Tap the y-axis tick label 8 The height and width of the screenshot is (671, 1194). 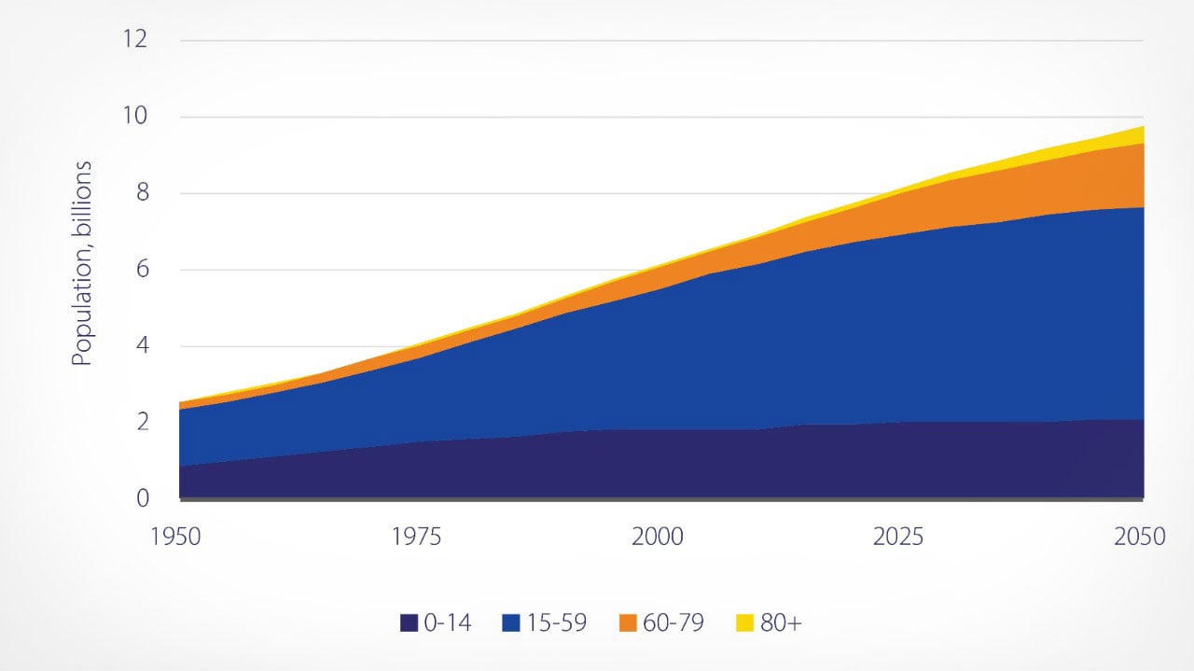(142, 194)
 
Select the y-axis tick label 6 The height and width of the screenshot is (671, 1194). (142, 271)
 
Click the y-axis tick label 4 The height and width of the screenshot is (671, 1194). (142, 347)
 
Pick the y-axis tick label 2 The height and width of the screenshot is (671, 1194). (142, 423)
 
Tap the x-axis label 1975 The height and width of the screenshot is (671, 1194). (417, 538)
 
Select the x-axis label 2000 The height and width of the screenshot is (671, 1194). (658, 538)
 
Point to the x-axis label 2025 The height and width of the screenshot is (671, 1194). (898, 538)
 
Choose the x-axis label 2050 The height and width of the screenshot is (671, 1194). (1139, 538)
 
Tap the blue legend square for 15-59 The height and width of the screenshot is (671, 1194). (511, 623)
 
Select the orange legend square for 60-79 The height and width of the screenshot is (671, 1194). (628, 623)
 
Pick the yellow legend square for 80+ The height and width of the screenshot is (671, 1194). (744, 623)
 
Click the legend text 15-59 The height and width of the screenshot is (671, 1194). (558, 623)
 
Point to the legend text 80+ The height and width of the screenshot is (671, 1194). (781, 623)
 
